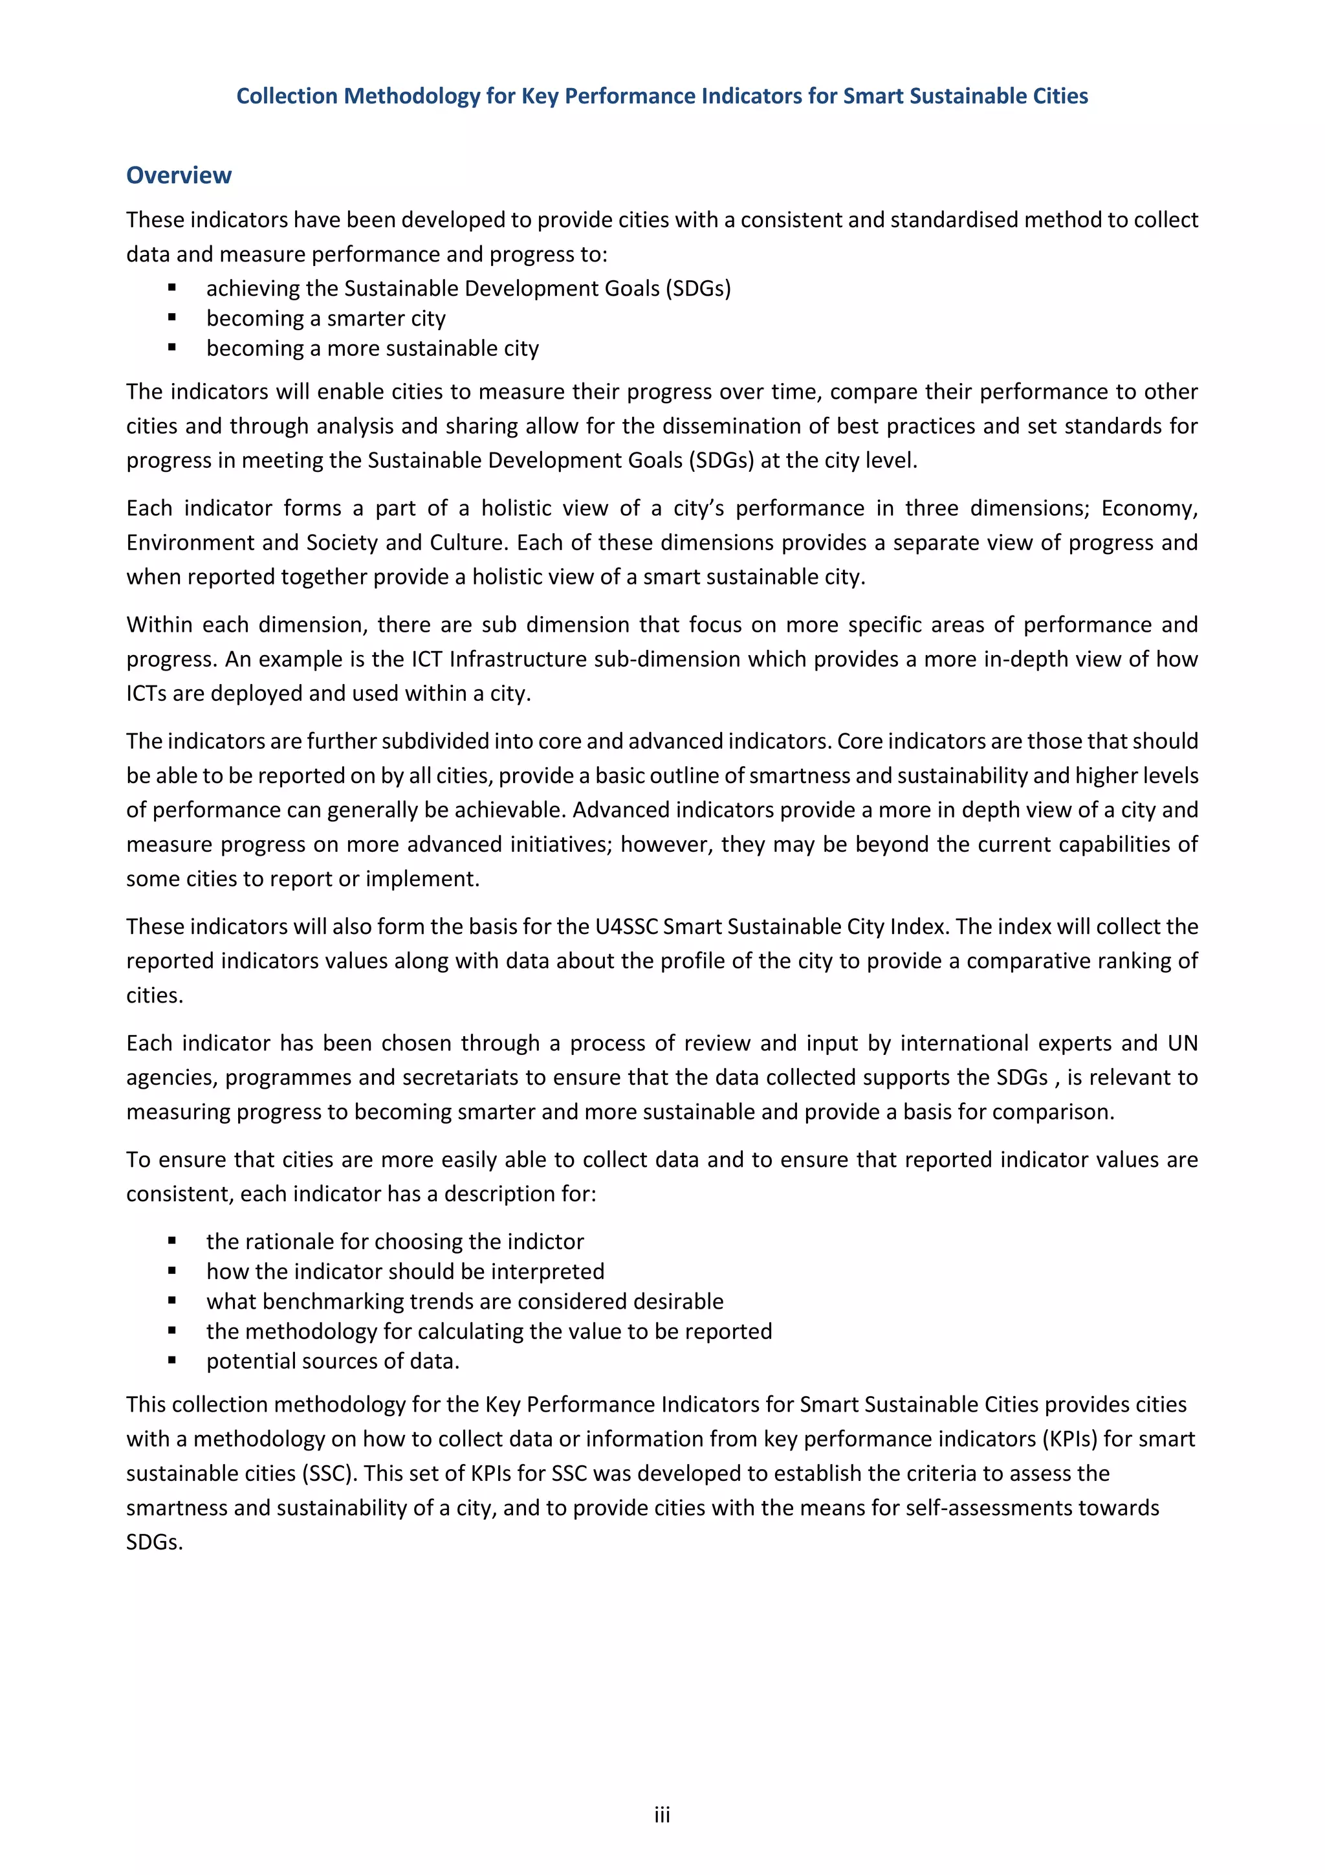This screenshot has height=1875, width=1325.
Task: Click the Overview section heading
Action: (x=178, y=175)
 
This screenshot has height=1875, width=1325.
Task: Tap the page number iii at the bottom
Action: (x=661, y=1815)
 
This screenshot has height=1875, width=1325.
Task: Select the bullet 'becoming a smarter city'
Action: (x=325, y=318)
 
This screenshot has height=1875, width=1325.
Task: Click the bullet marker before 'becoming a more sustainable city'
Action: (x=172, y=348)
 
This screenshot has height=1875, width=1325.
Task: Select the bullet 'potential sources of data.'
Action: (x=333, y=1360)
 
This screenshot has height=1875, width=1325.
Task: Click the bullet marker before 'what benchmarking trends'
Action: (x=172, y=1301)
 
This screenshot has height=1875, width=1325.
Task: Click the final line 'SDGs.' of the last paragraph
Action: (x=154, y=1542)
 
